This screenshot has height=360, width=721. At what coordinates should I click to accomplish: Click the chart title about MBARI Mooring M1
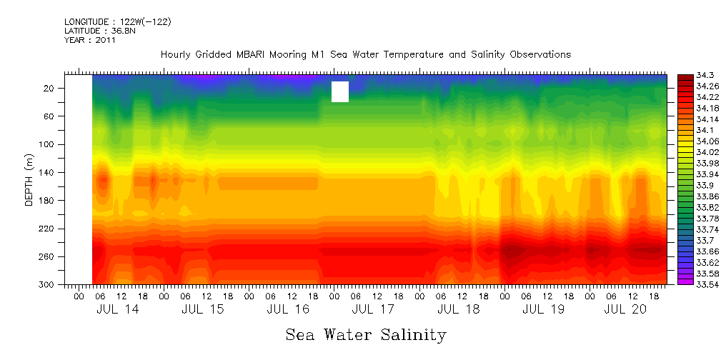coord(365,54)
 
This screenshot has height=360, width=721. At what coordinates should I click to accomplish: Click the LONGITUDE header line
coord(117,21)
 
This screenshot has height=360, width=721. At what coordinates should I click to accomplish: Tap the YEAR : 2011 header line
coord(90,40)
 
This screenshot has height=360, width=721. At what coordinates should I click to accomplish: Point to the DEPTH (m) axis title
coord(29,182)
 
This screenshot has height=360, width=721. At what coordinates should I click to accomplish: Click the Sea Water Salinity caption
coord(366,334)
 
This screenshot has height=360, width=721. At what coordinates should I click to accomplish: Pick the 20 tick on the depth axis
coord(49,88)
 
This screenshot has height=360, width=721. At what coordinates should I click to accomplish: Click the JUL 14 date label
coord(118,309)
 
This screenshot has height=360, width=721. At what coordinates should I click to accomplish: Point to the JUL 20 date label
coord(625,309)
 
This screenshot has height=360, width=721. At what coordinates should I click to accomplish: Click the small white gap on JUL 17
coord(340,91)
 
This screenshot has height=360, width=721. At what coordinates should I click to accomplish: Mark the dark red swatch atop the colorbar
coord(685,76)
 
